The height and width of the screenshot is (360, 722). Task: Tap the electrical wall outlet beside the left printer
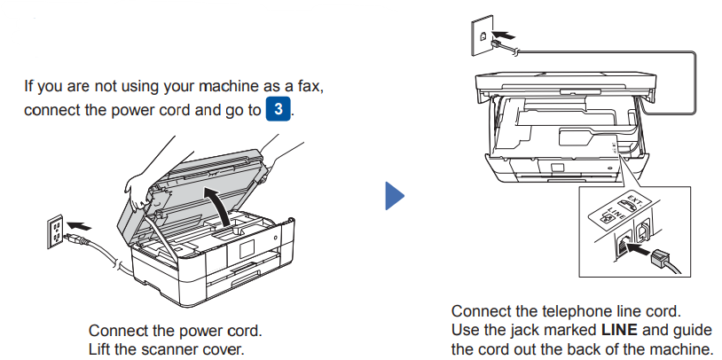click(x=54, y=233)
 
